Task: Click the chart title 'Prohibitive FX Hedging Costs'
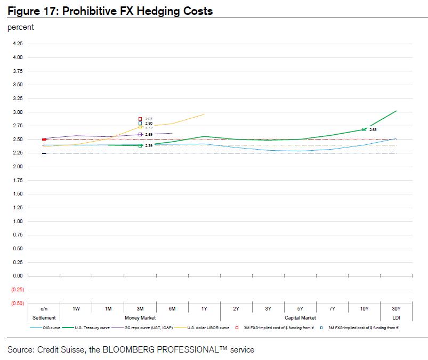point(138,11)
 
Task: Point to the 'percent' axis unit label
point(21,27)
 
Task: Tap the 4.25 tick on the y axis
point(18,44)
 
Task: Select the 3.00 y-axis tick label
point(18,112)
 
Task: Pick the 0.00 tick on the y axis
point(18,276)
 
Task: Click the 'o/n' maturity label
point(44,309)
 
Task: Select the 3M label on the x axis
point(140,309)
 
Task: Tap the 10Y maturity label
point(364,309)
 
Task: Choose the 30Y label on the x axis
point(396,309)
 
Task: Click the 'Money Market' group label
point(140,318)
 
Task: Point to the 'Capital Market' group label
point(300,318)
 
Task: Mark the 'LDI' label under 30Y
point(396,318)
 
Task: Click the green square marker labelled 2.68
point(364,129)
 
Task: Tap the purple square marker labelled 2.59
point(140,135)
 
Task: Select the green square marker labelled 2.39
point(140,145)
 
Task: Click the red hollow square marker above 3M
point(140,119)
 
